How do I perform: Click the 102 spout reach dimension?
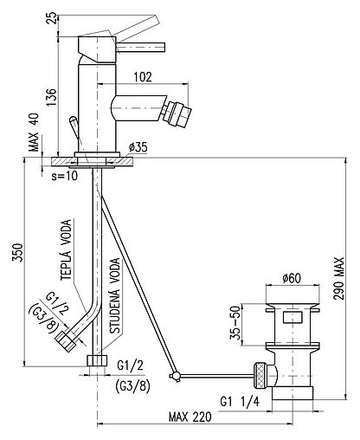(x=143, y=77)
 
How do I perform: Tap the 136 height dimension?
(x=51, y=97)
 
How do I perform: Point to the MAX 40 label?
(x=34, y=133)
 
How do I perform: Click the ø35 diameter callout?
(x=138, y=147)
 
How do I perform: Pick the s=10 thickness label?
(x=65, y=176)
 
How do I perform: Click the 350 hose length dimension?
(x=17, y=253)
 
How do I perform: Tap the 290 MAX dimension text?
(x=339, y=278)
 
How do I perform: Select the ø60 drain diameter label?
(x=292, y=278)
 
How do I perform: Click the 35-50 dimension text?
(x=235, y=322)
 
